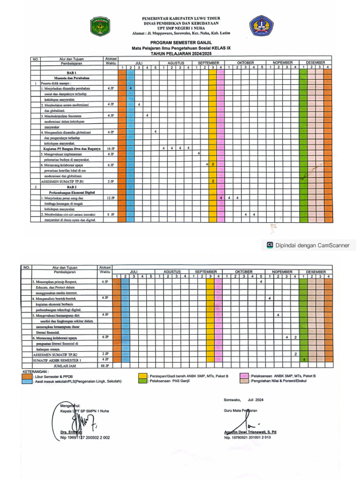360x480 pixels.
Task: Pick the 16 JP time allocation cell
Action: [111, 149]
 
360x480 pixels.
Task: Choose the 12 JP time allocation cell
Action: [111, 198]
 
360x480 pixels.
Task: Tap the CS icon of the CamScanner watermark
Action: [270, 245]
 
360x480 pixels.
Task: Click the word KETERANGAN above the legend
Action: [35, 371]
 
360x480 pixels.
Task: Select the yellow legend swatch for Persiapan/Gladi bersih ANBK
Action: [142, 376]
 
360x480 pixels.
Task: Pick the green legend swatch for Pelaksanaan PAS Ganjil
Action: [142, 381]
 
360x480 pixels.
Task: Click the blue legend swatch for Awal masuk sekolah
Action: [27, 382]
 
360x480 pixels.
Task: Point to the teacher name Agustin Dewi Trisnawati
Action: [250, 432]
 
